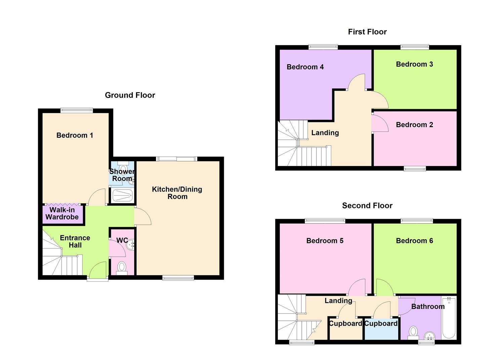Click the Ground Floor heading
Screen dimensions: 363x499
(x=130, y=95)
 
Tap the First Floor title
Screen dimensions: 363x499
(x=367, y=32)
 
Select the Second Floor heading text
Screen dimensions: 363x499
(x=367, y=206)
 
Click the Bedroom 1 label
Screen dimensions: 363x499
(x=75, y=135)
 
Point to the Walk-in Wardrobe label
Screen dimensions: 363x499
(x=62, y=214)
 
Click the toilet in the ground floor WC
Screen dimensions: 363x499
(x=121, y=268)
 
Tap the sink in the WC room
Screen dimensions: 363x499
(x=131, y=245)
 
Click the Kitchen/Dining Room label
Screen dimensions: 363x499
(x=177, y=193)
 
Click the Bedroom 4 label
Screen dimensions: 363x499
(x=305, y=67)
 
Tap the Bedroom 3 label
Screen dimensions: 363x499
(x=414, y=65)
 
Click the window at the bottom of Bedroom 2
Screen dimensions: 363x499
(x=415, y=169)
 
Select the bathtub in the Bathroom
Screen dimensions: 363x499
(x=449, y=317)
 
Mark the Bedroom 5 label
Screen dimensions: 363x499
(x=325, y=241)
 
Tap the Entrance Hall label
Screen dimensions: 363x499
(x=75, y=242)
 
